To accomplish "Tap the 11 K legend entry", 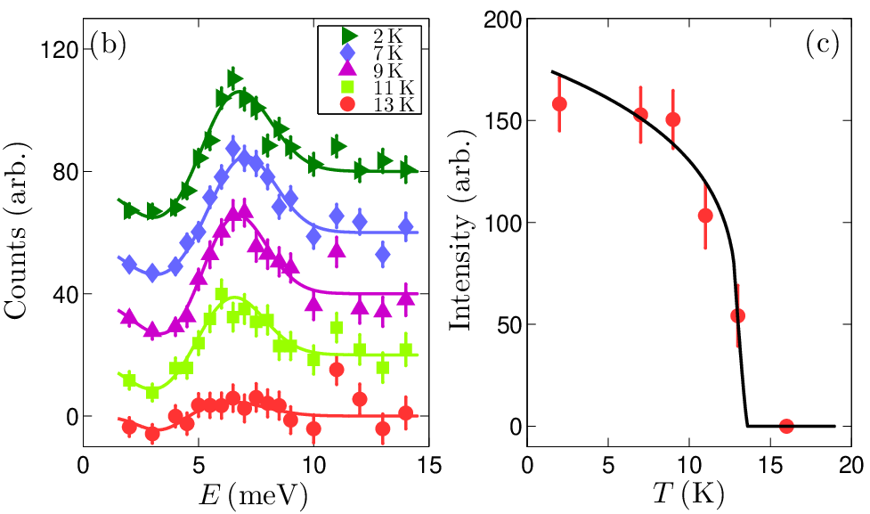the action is pyautogui.click(x=377, y=87).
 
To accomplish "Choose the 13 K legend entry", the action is pyautogui.click(x=377, y=104).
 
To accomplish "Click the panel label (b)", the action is pyautogui.click(x=108, y=45).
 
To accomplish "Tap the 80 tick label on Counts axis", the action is pyautogui.click(x=66, y=172).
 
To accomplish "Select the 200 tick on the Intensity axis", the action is pyautogui.click(x=503, y=20).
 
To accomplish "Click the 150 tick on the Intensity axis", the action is pyautogui.click(x=503, y=121).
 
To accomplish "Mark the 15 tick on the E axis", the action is pyautogui.click(x=429, y=465).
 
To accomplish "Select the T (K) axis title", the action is pyautogui.click(x=688, y=493).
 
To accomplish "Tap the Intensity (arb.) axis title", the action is pyautogui.click(x=461, y=231).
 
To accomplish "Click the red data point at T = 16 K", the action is pyautogui.click(x=786, y=427).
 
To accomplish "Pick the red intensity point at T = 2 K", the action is pyautogui.click(x=559, y=104).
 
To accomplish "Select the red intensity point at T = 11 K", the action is pyautogui.click(x=705, y=216).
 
